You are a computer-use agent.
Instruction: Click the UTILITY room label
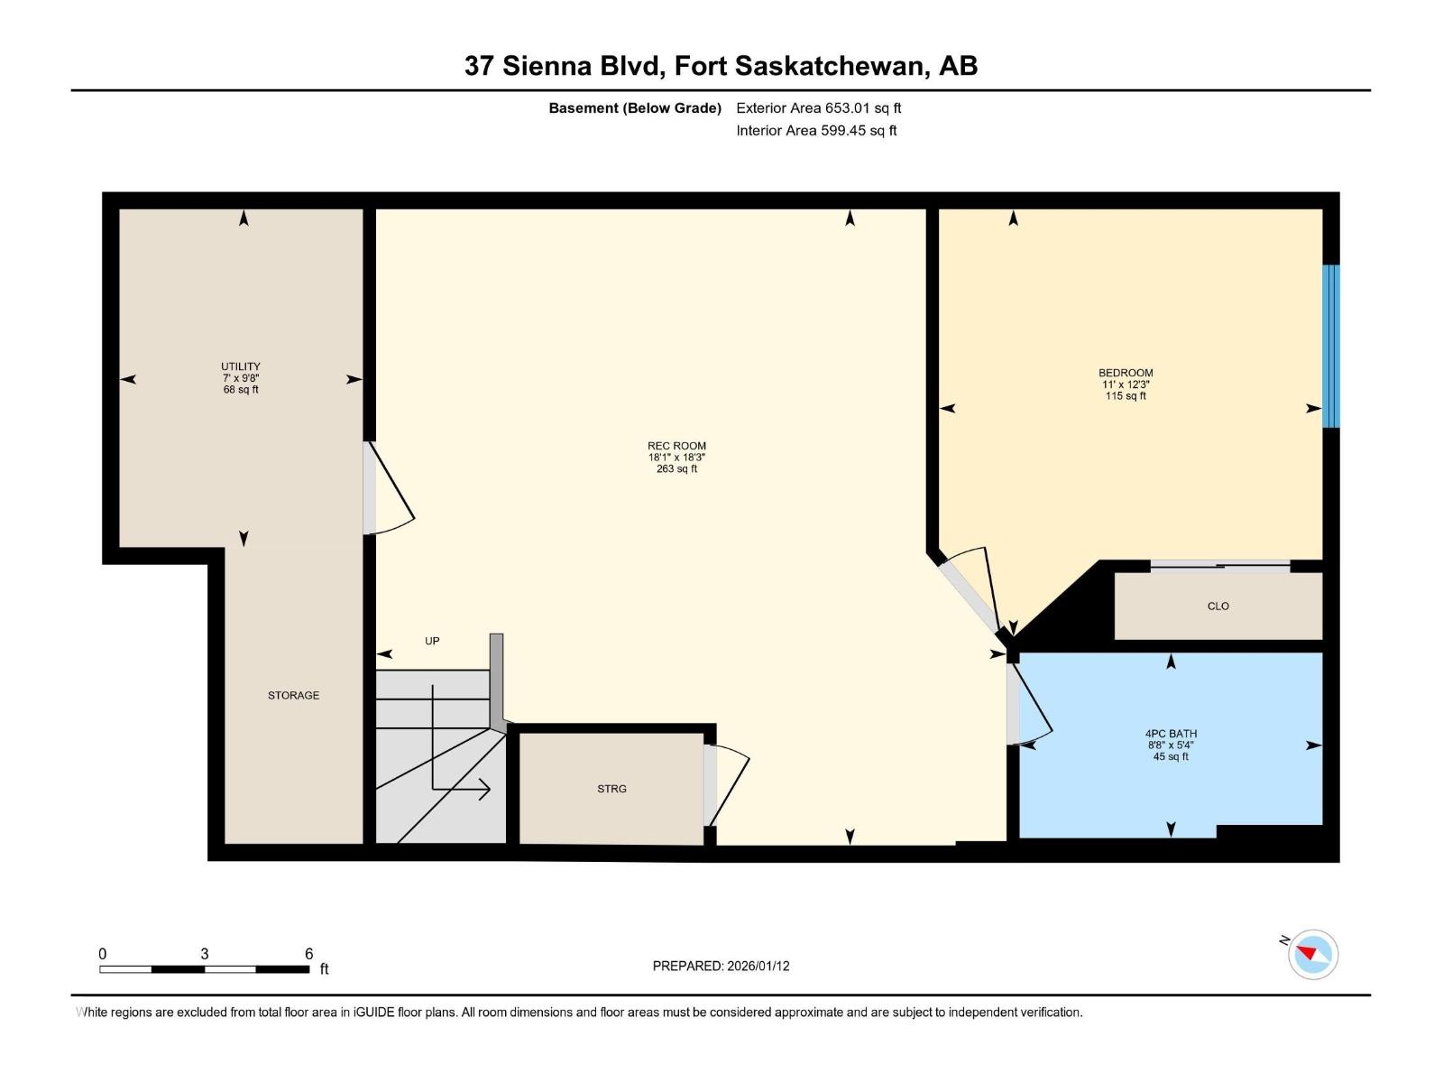click(241, 366)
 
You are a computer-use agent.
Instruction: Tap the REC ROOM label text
click(676, 446)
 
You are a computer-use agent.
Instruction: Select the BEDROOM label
click(1126, 373)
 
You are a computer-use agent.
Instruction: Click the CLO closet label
click(1218, 606)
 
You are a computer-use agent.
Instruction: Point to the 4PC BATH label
click(1171, 734)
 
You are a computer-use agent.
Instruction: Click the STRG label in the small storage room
click(611, 789)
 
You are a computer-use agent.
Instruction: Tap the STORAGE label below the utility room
click(293, 696)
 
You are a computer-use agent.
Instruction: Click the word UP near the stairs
click(432, 641)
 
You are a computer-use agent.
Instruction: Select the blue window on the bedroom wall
click(1330, 346)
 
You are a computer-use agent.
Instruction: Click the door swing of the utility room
click(390, 492)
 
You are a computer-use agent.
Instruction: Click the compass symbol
click(1312, 954)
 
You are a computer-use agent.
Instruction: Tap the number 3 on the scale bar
click(205, 954)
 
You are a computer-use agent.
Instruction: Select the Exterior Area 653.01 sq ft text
click(818, 108)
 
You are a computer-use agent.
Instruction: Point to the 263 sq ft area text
click(676, 469)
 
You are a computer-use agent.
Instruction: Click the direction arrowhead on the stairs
click(485, 790)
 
